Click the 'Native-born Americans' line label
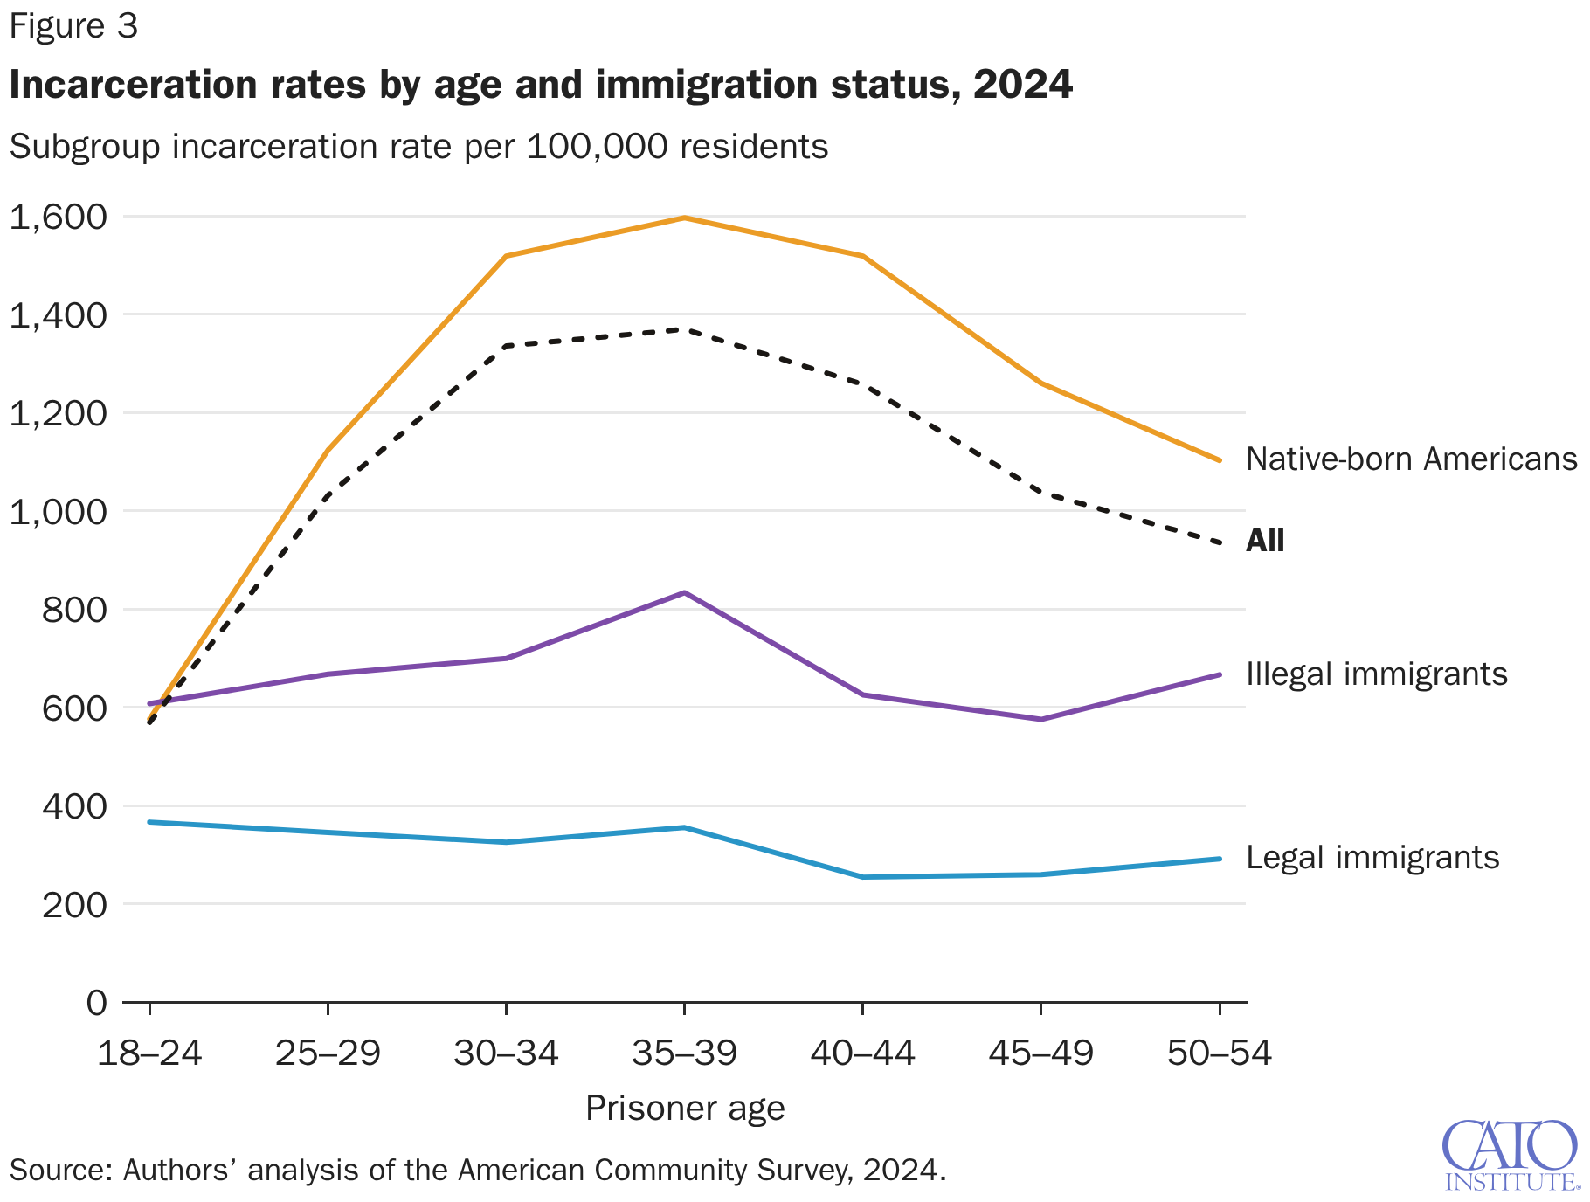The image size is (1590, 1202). (1411, 459)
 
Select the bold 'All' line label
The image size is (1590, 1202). (1264, 541)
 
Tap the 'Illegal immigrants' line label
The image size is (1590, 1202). (1376, 674)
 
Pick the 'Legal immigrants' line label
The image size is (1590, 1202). (1372, 858)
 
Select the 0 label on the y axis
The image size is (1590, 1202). (96, 1003)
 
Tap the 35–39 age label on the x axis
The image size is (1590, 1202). (684, 1053)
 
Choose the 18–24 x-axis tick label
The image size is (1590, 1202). (149, 1053)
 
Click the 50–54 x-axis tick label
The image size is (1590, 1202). (1219, 1053)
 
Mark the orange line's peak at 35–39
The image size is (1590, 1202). (684, 218)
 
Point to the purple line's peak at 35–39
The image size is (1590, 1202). (684, 593)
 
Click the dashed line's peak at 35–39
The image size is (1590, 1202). (684, 329)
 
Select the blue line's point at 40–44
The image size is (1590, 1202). (862, 877)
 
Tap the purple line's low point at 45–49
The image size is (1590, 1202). (1040, 720)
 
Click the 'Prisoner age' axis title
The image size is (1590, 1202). (684, 1109)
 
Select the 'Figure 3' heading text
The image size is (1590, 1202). (73, 27)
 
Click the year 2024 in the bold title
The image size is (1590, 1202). (1022, 85)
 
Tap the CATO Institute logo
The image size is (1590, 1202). (1510, 1155)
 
